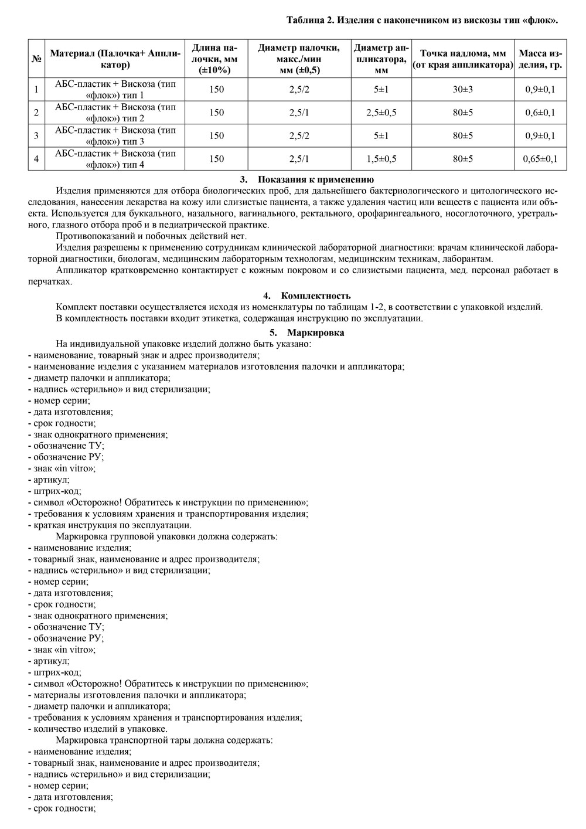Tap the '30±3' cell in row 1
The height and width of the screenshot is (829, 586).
pyautogui.click(x=462, y=90)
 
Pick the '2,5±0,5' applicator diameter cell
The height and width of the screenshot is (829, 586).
pyautogui.click(x=381, y=113)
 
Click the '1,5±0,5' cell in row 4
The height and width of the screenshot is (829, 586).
pyautogui.click(x=381, y=159)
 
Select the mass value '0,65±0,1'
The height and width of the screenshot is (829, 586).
pyautogui.click(x=540, y=159)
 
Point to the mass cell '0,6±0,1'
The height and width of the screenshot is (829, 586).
pyautogui.click(x=540, y=113)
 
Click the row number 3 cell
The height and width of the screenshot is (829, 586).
pyautogui.click(x=36, y=136)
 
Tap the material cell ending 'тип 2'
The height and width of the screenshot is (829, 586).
pyautogui.click(x=115, y=113)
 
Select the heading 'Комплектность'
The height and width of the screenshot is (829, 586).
pyautogui.click(x=315, y=295)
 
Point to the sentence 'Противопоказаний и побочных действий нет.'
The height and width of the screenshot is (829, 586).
pyautogui.click(x=151, y=236)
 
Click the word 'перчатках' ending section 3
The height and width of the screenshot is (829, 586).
pyautogui.click(x=50, y=281)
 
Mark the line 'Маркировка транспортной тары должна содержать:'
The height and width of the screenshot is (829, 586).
pyautogui.click(x=164, y=740)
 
